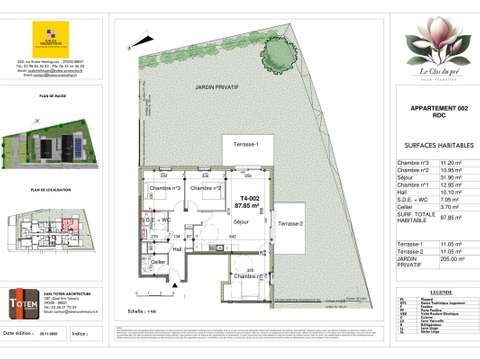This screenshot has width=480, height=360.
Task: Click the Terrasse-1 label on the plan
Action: click(246, 146)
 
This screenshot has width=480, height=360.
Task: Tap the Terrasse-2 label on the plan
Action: click(291, 222)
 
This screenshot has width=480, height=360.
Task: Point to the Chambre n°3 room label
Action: click(165, 188)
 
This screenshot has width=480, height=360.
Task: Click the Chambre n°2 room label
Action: click(205, 188)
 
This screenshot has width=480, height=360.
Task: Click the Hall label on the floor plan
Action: click(177, 249)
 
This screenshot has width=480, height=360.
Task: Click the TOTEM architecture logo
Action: click(49, 302)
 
